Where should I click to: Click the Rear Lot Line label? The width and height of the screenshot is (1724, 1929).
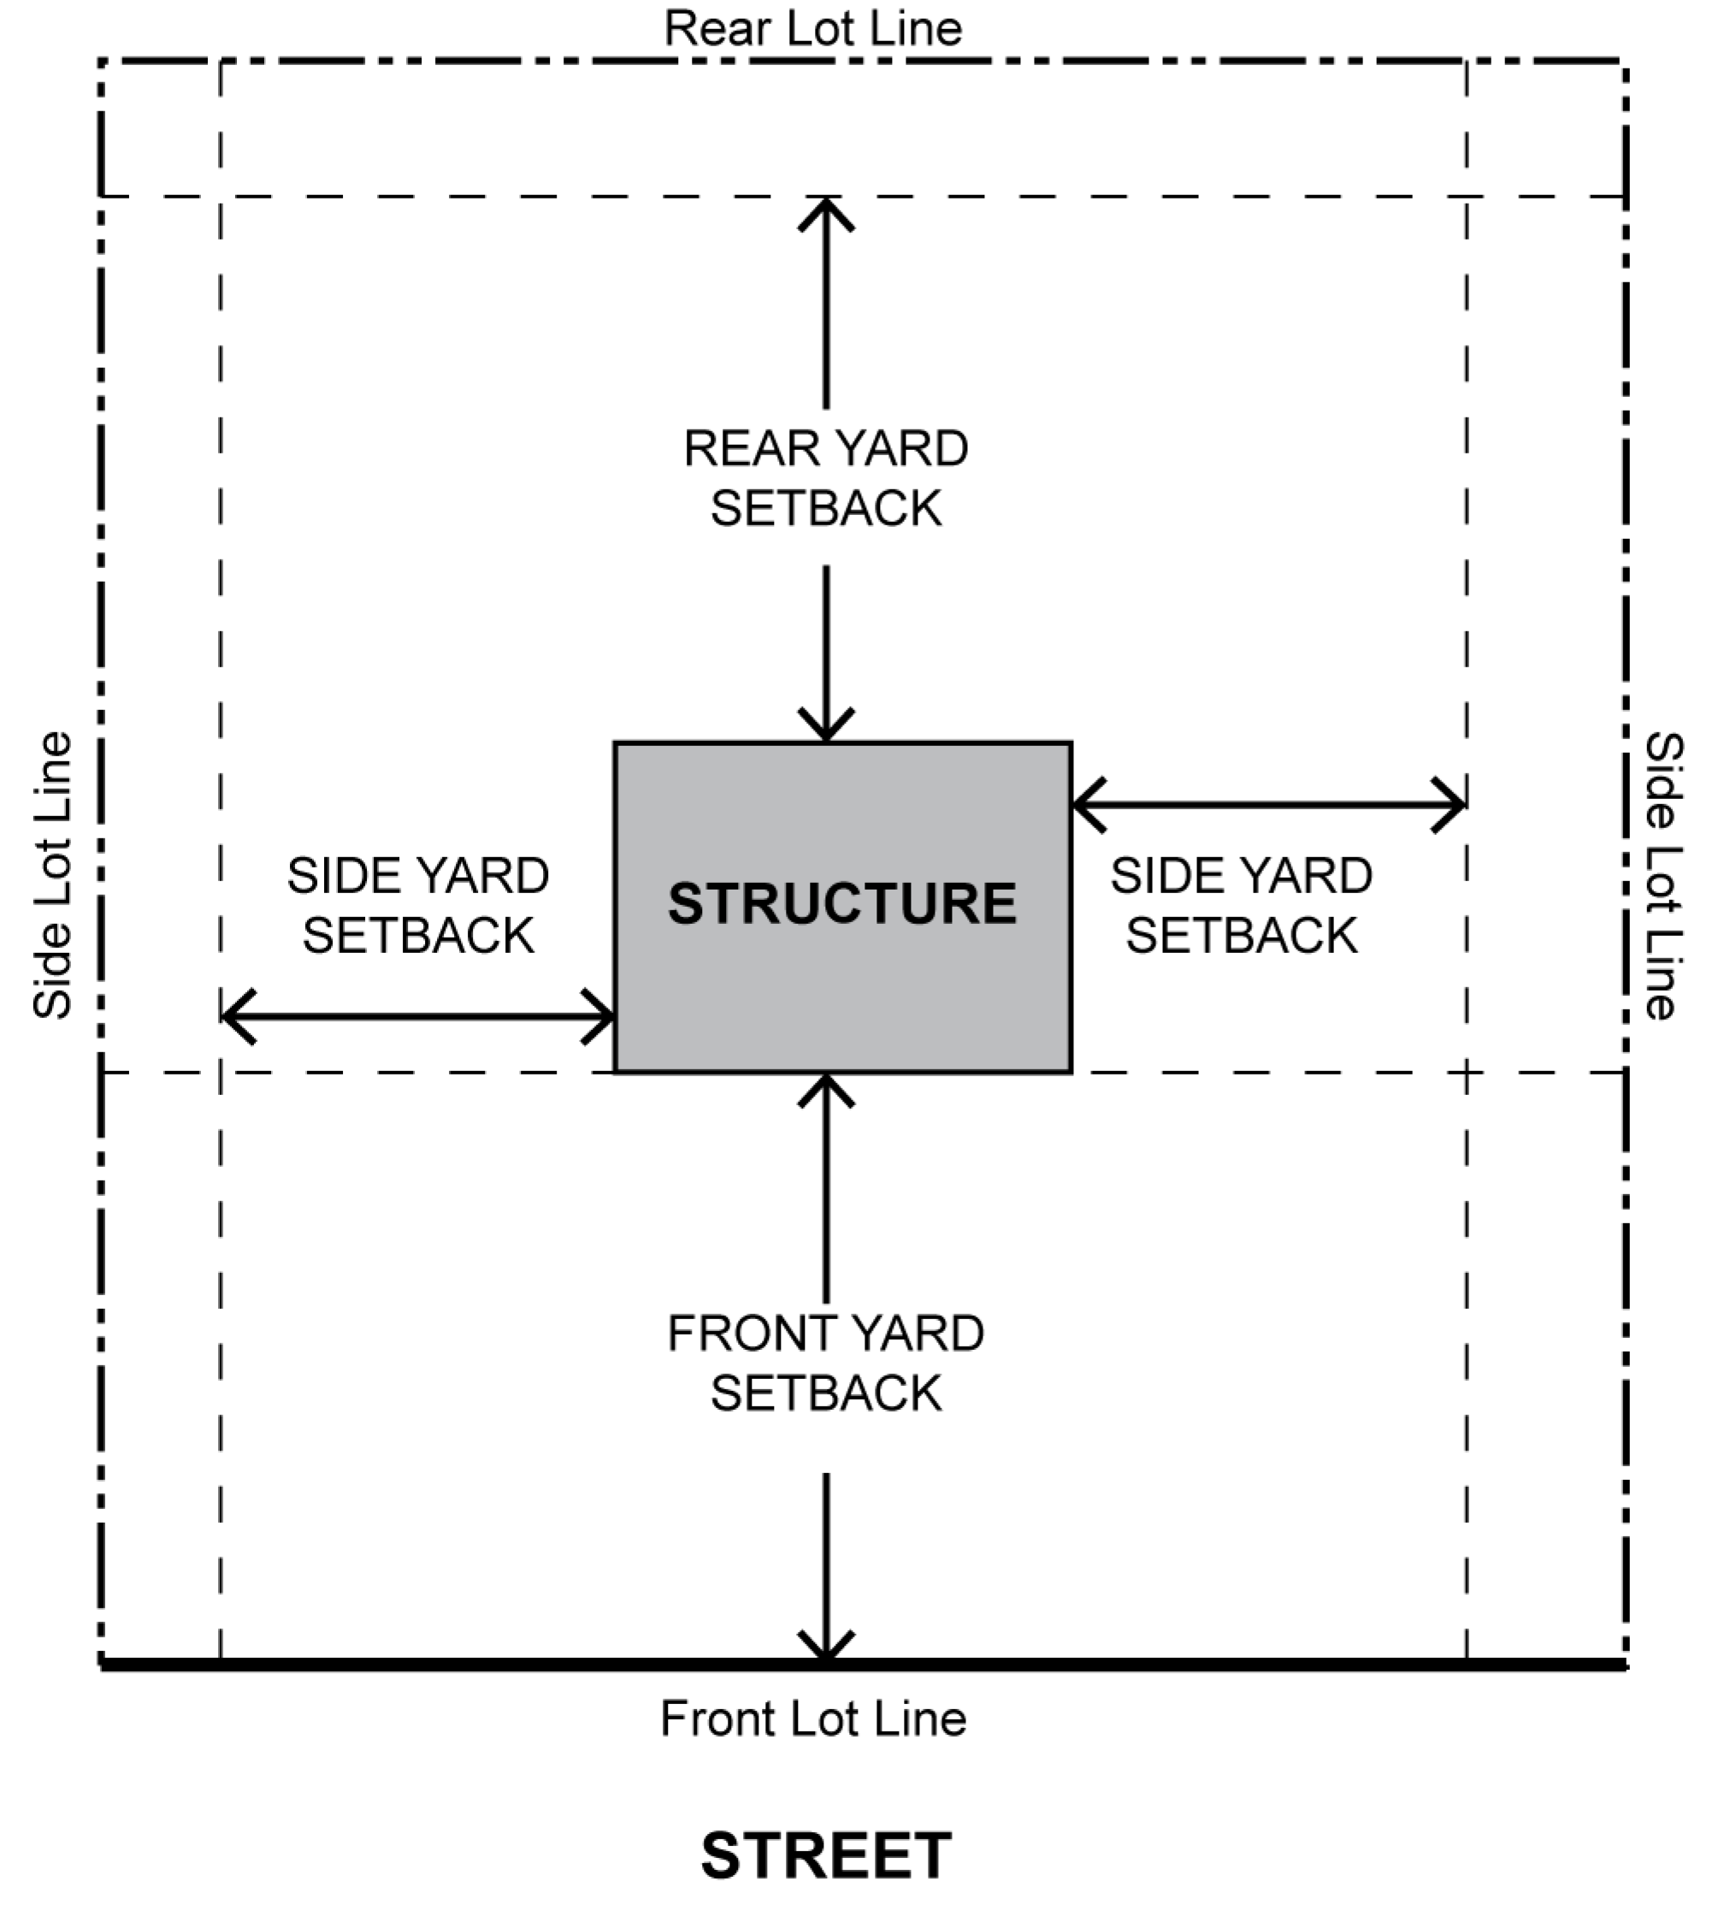click(812, 28)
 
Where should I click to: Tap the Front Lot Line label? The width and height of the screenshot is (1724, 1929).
click(812, 1718)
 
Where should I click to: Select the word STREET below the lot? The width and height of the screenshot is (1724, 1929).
click(826, 1855)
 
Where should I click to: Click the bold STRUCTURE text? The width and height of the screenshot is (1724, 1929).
click(842, 903)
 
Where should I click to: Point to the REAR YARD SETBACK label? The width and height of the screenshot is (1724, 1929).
click(826, 478)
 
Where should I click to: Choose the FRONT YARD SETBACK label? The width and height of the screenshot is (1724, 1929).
click(826, 1364)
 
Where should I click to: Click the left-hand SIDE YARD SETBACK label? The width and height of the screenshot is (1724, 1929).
click(417, 905)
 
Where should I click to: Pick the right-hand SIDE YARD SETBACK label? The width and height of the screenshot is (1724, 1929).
click(1241, 905)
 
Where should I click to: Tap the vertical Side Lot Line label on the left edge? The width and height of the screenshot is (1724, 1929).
click(53, 874)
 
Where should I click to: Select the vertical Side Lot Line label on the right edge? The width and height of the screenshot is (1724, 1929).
click(1663, 874)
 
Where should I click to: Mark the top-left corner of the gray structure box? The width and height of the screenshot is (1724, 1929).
click(616, 743)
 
